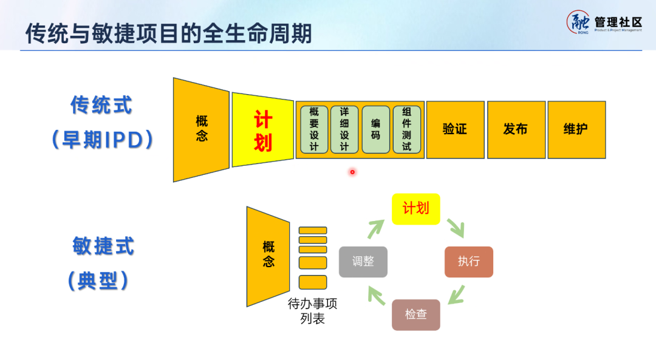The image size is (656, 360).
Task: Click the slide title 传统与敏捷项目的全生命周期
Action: coord(169,33)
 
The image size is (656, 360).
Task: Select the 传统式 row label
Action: coord(101,106)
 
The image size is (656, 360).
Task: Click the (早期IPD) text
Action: coord(101,140)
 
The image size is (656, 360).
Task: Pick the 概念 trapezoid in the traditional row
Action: coord(202,129)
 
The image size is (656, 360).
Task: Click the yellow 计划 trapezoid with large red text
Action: coord(262,131)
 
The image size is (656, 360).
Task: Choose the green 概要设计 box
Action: coord(314,129)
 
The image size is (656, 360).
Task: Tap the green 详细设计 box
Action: coord(344,129)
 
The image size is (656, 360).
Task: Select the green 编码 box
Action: coord(375,129)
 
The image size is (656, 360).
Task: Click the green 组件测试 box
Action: coord(406,129)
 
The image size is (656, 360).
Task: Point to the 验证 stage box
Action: coord(455,129)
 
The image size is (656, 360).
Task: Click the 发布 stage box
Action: coord(516,129)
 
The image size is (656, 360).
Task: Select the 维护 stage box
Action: coord(576,129)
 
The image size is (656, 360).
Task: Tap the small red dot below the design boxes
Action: coord(352,172)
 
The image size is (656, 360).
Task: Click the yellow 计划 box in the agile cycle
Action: coord(416,209)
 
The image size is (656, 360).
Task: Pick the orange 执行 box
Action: coord(469,262)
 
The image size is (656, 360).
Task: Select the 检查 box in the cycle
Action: coord(416,314)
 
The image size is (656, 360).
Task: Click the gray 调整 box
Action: coord(363,262)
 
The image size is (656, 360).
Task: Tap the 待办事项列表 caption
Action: coord(312,311)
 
